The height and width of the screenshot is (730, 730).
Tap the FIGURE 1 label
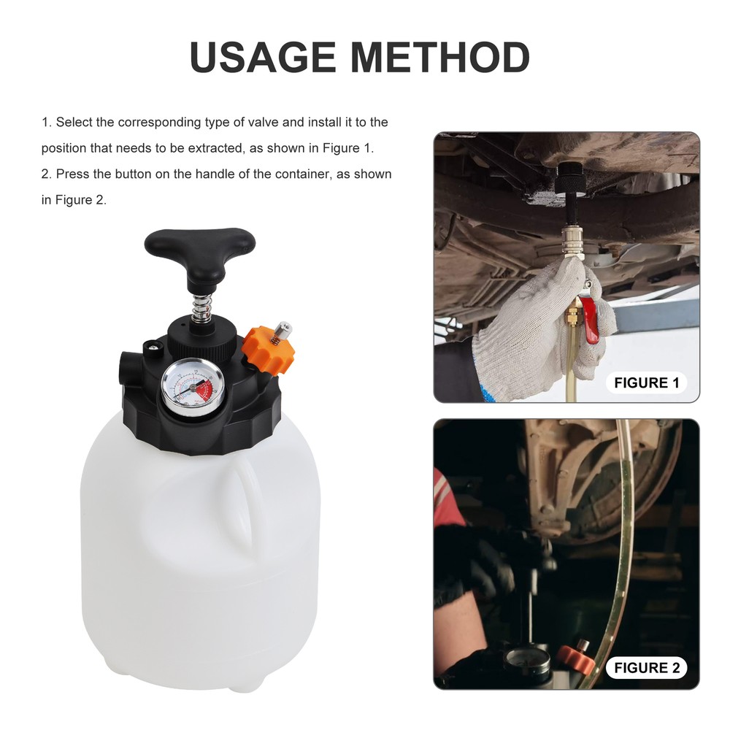646,383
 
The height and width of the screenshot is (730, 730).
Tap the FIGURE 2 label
646,667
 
